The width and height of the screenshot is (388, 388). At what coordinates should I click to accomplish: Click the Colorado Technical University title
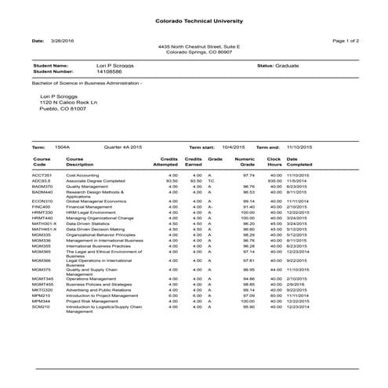pyautogui.click(x=194, y=21)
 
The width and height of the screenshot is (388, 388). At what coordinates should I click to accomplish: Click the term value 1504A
pyautogui.click(x=63, y=147)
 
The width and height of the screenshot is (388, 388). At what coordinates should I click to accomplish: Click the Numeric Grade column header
pyautogui.click(x=245, y=161)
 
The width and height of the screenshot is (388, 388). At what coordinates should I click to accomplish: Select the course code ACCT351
pyautogui.click(x=42, y=175)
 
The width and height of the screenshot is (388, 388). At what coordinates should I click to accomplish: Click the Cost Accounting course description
pyautogui.click(x=82, y=175)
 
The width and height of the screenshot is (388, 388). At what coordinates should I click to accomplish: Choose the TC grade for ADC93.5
pyautogui.click(x=211, y=180)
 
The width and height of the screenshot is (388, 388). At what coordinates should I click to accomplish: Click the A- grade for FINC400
pyautogui.click(x=211, y=206)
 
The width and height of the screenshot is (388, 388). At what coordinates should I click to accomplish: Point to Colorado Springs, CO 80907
pyautogui.click(x=194, y=52)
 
